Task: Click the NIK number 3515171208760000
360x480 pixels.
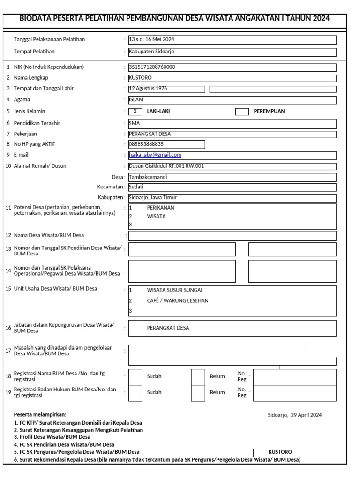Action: tap(152, 67)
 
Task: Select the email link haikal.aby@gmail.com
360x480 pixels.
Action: tap(155, 155)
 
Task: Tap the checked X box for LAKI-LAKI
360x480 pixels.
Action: tap(135, 111)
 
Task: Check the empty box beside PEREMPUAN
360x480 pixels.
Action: tap(242, 111)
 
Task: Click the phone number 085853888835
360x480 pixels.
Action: tap(146, 144)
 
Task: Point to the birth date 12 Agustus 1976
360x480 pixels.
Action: tap(148, 89)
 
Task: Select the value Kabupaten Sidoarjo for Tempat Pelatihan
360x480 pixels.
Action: tap(151, 52)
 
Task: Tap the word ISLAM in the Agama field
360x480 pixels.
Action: tap(136, 100)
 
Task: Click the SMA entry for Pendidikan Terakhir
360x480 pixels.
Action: tap(134, 123)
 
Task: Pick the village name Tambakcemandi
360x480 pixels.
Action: tap(148, 177)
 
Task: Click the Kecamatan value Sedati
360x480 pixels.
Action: tap(136, 187)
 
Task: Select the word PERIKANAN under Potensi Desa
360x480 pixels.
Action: tap(161, 207)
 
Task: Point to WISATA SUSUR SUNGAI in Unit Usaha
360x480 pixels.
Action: tap(175, 290)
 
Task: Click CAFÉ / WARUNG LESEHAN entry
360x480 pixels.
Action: tap(178, 300)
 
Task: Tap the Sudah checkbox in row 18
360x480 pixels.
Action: tap(135, 376)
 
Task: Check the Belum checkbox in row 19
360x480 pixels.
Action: tap(198, 392)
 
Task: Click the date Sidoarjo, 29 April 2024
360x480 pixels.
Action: tap(294, 415)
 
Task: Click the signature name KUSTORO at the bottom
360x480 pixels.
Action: tap(280, 452)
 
